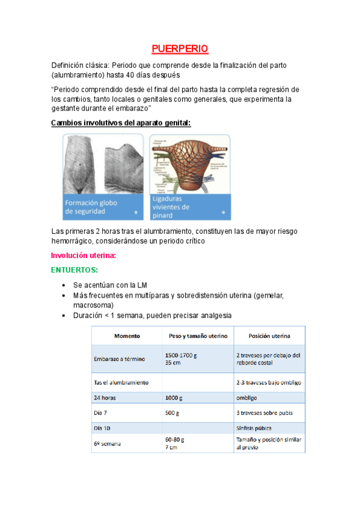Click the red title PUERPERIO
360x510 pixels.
pos(180,48)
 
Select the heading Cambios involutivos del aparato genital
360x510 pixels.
pos(121,123)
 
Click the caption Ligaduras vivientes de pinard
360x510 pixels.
pos(171,206)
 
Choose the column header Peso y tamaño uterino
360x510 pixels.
pos(197,336)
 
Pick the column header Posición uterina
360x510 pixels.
pos(269,336)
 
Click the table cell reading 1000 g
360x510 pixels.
pos(174,398)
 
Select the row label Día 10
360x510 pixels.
pos(103,428)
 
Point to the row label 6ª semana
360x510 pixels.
pos(106,443)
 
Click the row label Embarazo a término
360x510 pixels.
pos(119,359)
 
